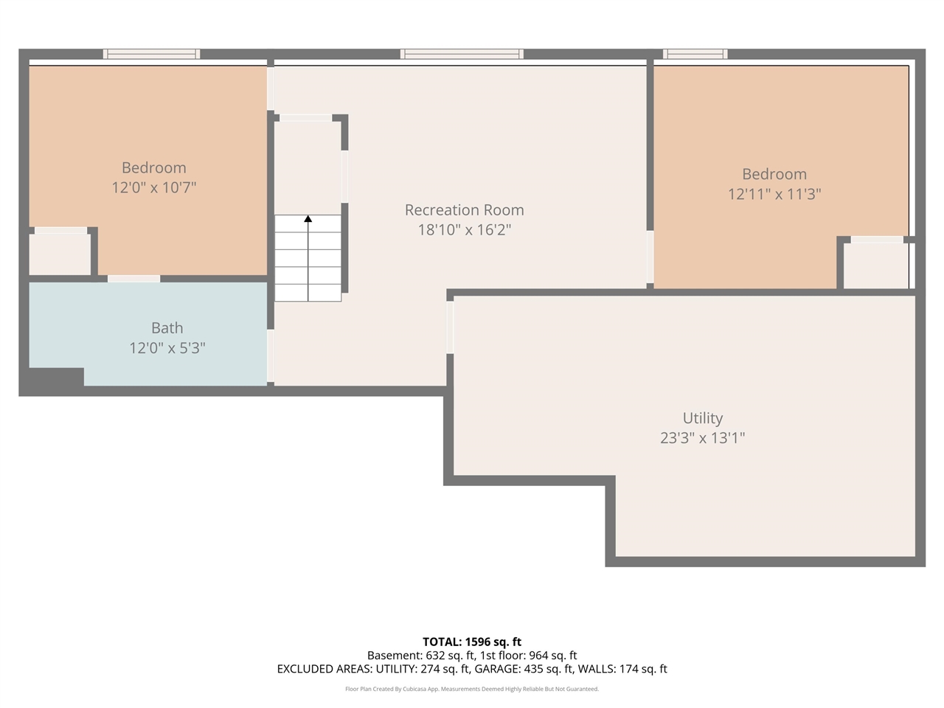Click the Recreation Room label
click(x=464, y=210)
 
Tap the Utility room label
click(x=702, y=418)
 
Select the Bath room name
click(x=167, y=328)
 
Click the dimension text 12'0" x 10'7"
click(x=153, y=188)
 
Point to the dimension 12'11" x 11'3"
click(x=774, y=195)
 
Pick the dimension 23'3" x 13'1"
click(x=702, y=438)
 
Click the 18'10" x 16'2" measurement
click(x=464, y=230)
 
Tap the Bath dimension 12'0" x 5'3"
click(x=167, y=348)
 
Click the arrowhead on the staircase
click(x=308, y=218)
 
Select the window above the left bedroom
click(x=151, y=54)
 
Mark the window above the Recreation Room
click(x=462, y=54)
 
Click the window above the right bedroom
click(x=695, y=54)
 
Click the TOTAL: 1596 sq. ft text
click(x=472, y=642)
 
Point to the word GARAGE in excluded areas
click(x=499, y=669)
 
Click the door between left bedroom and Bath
click(x=133, y=279)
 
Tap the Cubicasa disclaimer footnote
click(x=472, y=689)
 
